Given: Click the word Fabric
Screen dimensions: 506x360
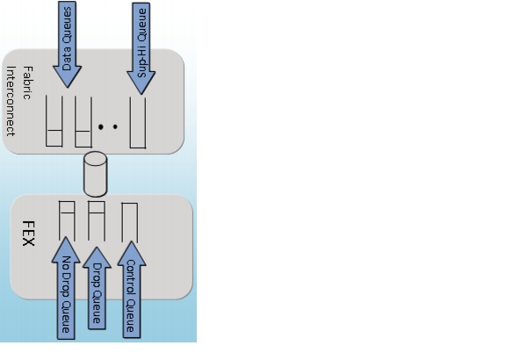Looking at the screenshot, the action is [27, 83].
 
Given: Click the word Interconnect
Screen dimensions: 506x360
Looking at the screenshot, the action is [11, 101].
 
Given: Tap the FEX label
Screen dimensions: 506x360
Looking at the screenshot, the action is [28, 234].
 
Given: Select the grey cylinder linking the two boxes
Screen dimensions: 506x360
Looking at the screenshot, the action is [95, 174].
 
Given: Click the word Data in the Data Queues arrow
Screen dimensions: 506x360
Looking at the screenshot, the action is [66, 59].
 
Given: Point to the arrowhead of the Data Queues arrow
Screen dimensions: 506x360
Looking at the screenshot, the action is [67, 76].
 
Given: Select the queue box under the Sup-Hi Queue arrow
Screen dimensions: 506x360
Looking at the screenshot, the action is [138, 123].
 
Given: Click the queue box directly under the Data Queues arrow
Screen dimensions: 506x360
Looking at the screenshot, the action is [54, 121].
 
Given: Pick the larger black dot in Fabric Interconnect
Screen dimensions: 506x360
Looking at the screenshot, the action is [101, 127].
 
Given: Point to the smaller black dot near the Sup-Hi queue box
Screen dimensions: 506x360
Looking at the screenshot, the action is [115, 126].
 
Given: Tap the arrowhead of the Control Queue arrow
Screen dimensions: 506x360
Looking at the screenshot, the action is [132, 254].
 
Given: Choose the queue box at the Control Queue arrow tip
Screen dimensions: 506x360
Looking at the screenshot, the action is [130, 222].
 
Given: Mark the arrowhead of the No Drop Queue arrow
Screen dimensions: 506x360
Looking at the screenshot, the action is [66, 249].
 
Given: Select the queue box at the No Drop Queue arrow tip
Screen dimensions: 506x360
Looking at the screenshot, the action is [67, 221].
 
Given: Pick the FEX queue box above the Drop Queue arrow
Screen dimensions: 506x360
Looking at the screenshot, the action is [97, 221].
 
